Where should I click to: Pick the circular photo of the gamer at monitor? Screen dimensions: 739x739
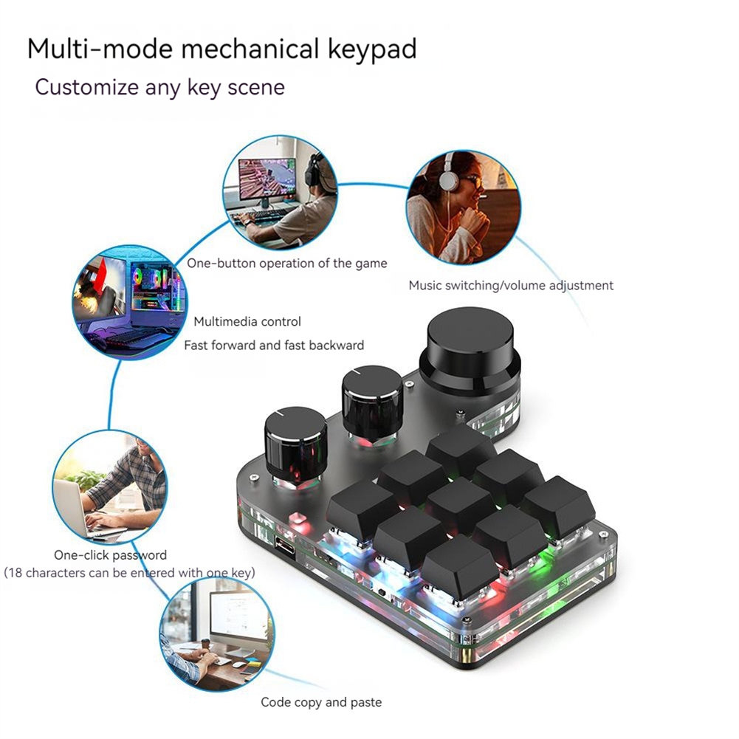click(x=281, y=192)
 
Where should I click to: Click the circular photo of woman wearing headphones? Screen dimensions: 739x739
click(x=464, y=207)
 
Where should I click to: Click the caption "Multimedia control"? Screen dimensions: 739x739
click(x=247, y=322)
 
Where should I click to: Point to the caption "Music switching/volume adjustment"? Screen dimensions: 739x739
click(x=511, y=286)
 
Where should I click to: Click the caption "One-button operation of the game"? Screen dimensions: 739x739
click(x=286, y=264)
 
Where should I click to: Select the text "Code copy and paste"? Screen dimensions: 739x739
click(x=321, y=702)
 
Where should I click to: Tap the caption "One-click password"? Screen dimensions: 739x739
click(x=110, y=555)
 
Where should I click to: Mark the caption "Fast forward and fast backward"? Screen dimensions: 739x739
click(x=273, y=345)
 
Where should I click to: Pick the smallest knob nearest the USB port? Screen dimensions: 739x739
click(x=295, y=443)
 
